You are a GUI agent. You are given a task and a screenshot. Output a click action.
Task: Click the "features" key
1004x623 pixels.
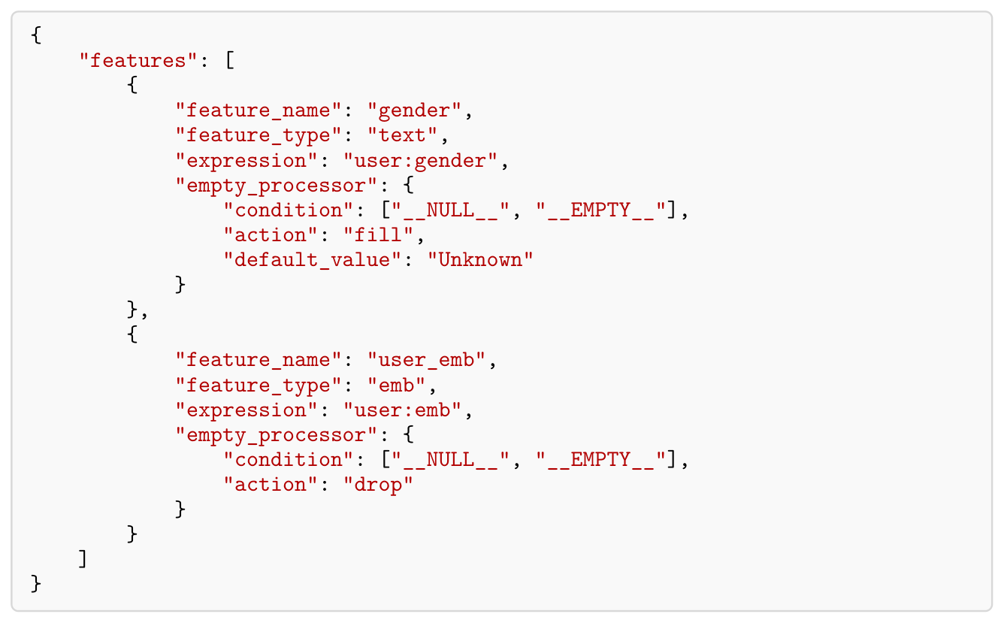point(138,61)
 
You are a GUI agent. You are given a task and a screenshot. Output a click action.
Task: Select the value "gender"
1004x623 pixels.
point(414,110)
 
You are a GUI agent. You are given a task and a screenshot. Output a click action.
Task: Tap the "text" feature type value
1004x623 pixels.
point(402,135)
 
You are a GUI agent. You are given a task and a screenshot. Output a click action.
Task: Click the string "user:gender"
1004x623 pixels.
point(420,161)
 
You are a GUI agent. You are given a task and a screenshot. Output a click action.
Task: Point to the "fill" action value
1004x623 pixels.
point(378,235)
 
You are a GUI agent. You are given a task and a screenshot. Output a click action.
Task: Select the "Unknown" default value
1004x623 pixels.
point(480,260)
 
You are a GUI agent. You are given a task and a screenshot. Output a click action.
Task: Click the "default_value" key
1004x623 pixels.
point(312,261)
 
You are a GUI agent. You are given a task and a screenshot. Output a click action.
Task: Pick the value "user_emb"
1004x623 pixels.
point(426,361)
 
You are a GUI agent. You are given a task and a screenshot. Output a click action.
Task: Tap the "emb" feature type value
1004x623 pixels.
point(396,385)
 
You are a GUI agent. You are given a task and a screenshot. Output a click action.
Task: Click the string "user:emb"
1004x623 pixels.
point(402,410)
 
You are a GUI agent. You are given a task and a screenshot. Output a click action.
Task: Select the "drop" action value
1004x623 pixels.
point(378,485)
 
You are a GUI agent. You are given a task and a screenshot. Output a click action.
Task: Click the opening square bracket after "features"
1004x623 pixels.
point(230,60)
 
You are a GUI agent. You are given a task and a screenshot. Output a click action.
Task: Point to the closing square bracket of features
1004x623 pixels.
point(83,559)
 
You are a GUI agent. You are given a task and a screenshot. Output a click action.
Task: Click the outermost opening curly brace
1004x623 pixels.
point(36,35)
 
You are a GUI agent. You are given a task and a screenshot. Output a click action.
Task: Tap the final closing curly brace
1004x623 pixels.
point(36,584)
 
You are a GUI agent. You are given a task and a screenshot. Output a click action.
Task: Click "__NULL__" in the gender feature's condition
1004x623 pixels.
point(450,210)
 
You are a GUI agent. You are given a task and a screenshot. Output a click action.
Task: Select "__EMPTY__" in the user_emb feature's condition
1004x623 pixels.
point(600,460)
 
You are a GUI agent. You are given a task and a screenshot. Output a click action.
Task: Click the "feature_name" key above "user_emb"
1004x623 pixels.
point(259,361)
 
